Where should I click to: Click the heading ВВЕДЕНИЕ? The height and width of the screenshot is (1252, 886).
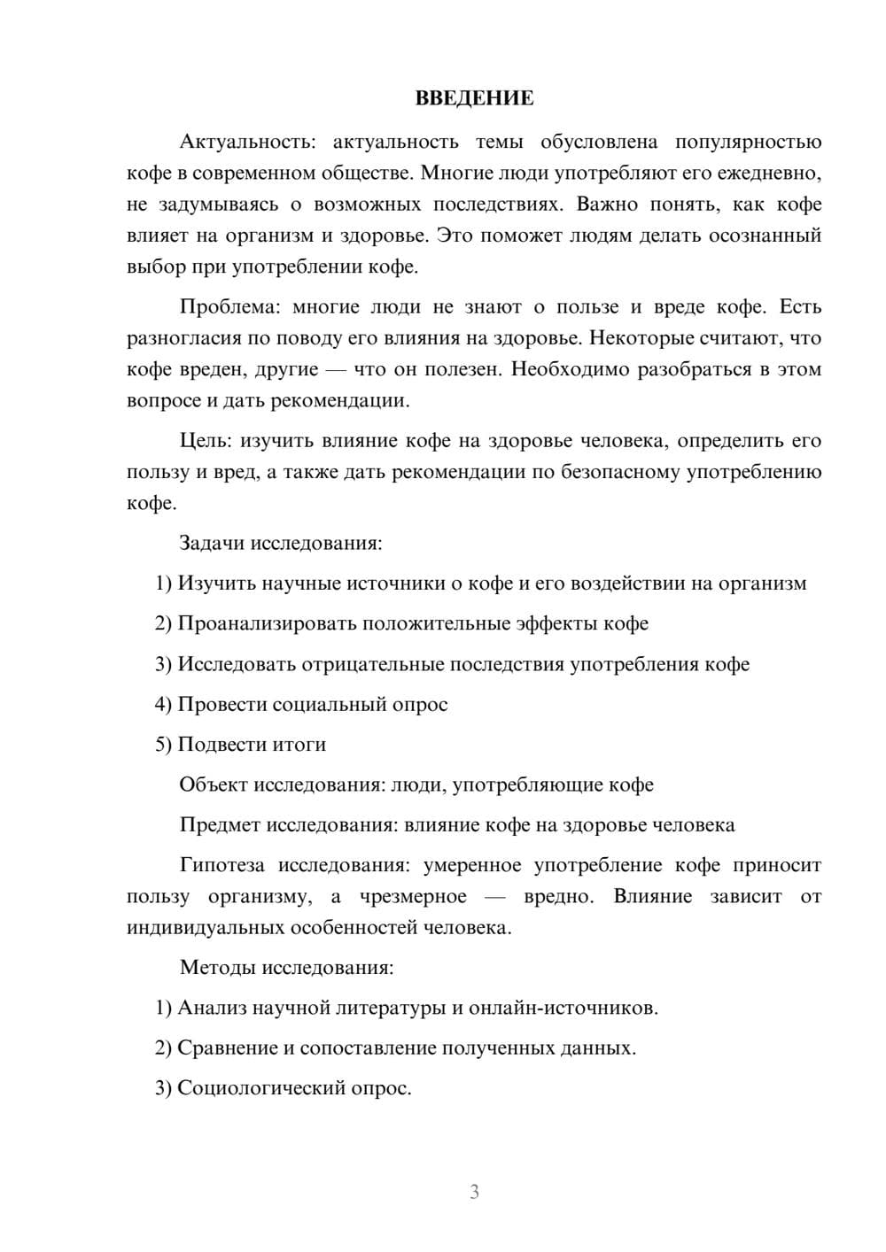tap(474, 98)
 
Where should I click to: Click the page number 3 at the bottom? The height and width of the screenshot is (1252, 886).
tap(474, 1192)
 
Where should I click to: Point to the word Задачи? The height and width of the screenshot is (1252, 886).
tap(213, 543)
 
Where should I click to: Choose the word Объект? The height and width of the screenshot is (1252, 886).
tap(214, 784)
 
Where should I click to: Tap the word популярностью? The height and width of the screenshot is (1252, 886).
tap(749, 142)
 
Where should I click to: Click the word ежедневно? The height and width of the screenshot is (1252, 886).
tap(772, 173)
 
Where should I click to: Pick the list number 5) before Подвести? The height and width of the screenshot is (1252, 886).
tap(163, 745)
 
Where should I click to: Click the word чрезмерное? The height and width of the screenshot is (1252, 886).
tap(413, 897)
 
